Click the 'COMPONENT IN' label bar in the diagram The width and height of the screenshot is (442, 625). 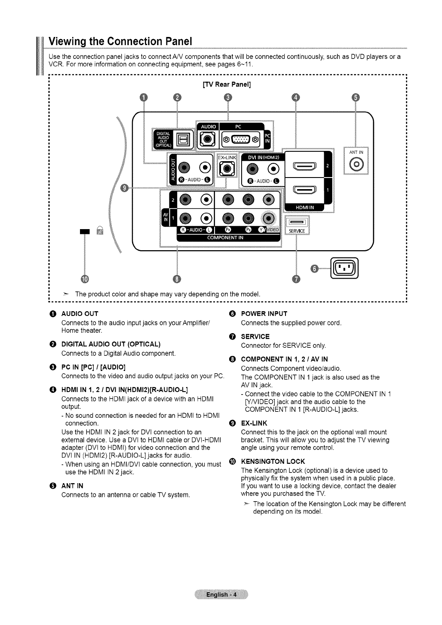[x=225, y=237]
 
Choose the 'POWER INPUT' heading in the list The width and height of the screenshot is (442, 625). [x=264, y=314]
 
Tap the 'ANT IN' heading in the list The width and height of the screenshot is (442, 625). [x=72, y=486]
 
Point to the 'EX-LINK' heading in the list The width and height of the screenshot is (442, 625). [x=254, y=423]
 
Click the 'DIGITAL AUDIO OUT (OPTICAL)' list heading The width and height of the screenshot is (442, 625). [x=111, y=344]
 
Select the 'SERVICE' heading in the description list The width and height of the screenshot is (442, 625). [x=255, y=337]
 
